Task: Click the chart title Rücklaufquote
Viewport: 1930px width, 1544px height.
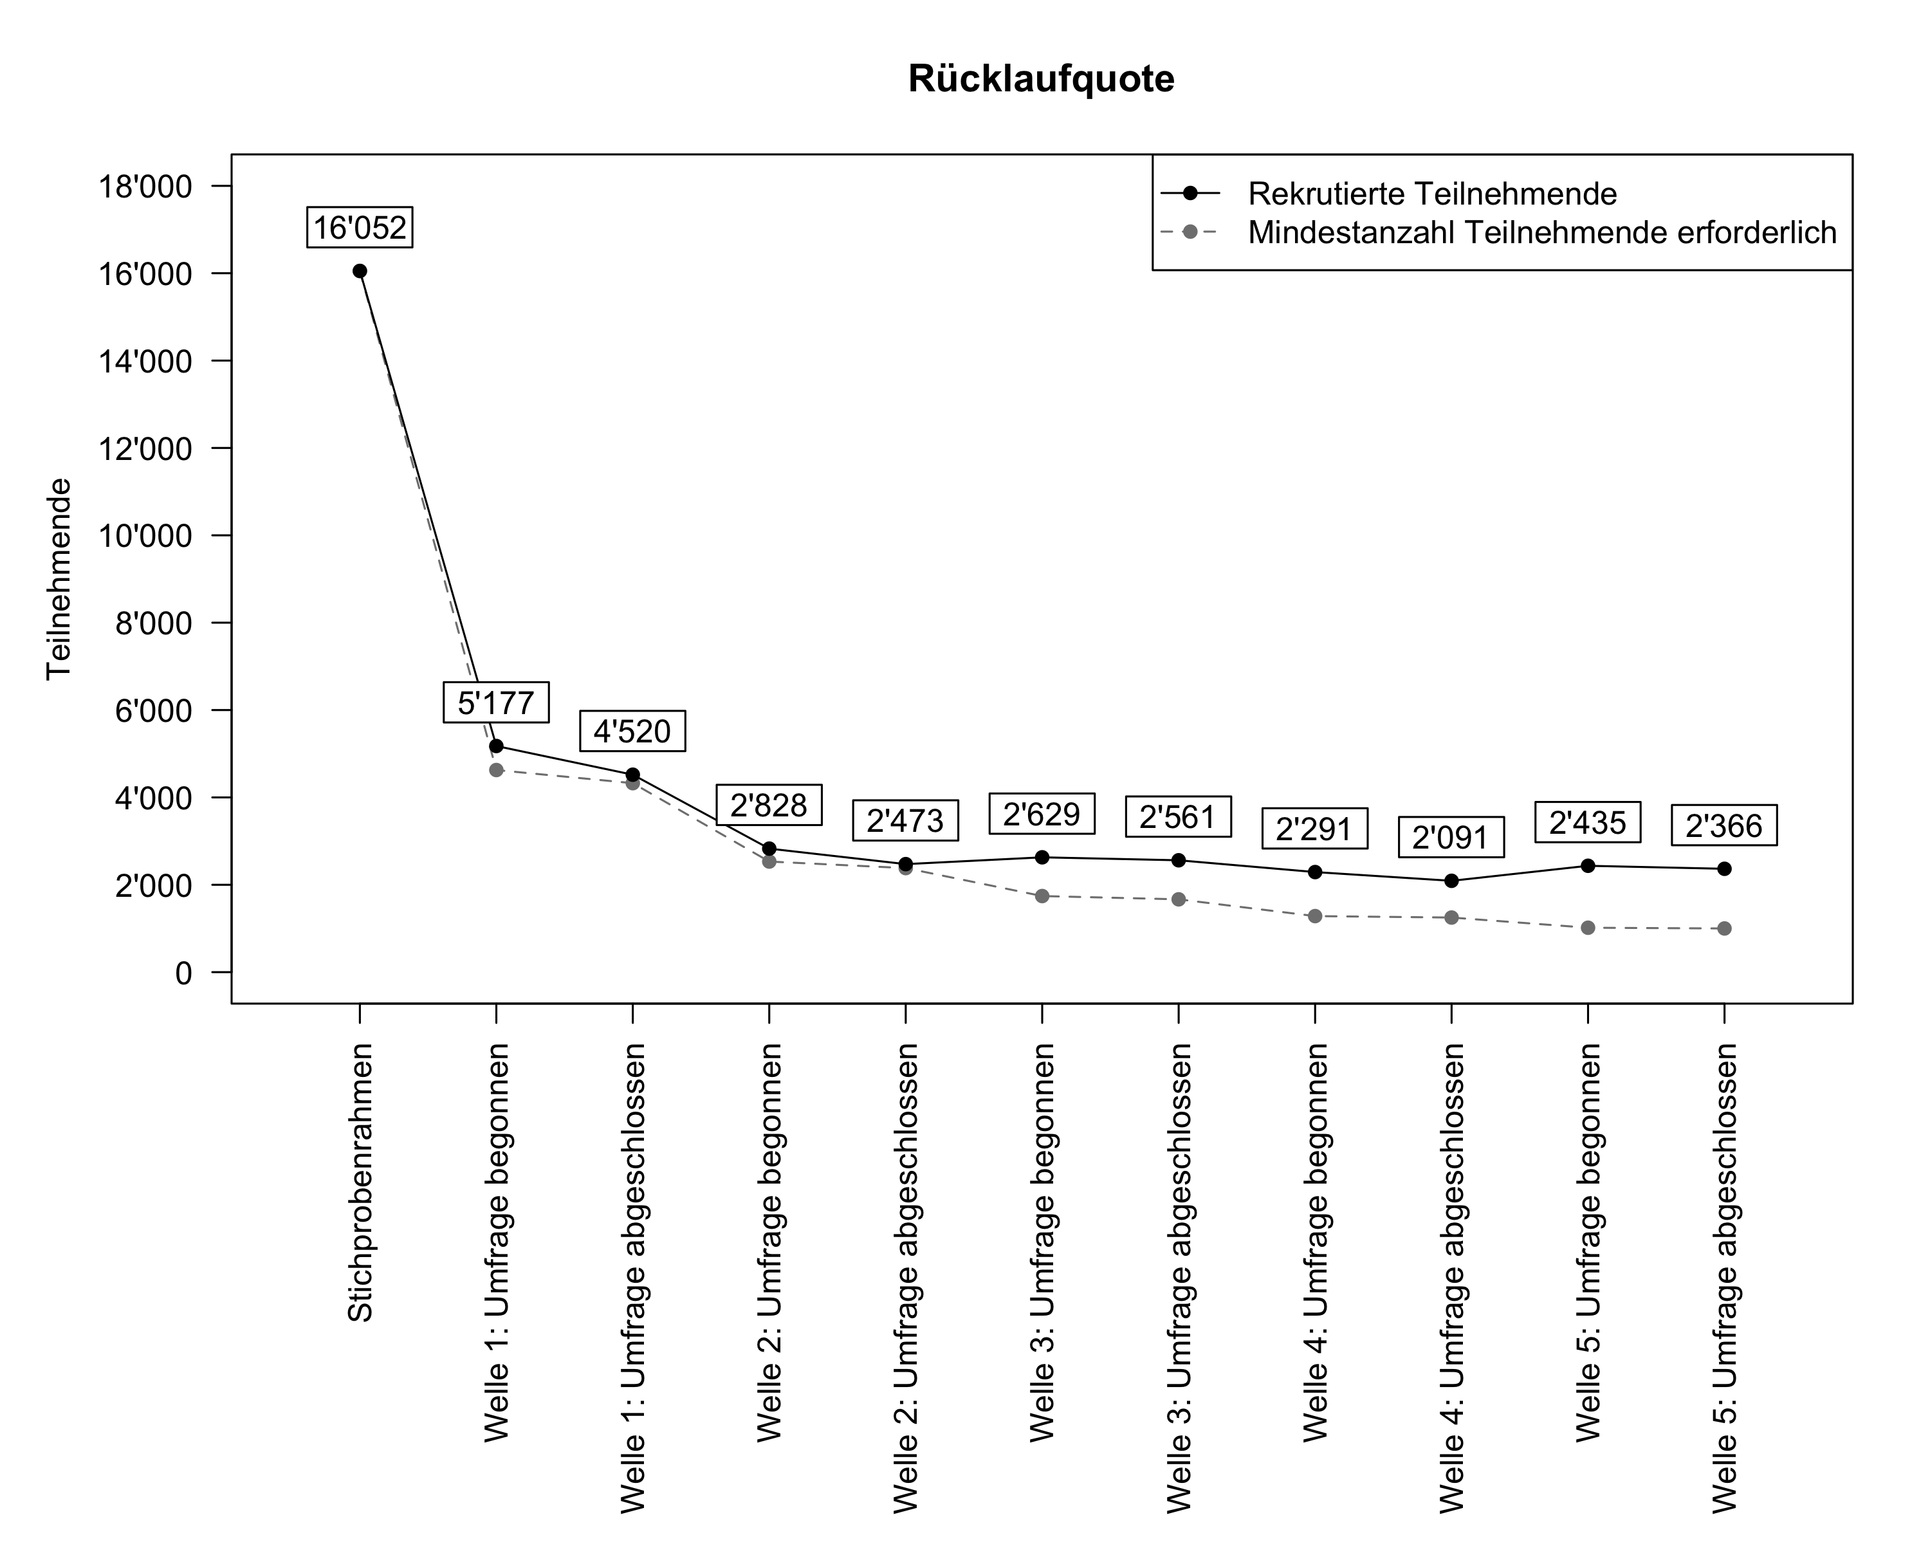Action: point(1041,78)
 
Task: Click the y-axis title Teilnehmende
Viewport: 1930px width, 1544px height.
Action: point(59,579)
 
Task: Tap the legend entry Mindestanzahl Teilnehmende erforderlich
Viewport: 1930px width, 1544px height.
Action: point(1541,233)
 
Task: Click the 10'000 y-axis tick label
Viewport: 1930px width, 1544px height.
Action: point(153,536)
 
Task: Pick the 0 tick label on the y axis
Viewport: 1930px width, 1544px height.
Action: point(183,973)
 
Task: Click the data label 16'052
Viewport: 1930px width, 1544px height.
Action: point(360,227)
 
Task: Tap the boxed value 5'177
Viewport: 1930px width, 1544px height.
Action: point(496,703)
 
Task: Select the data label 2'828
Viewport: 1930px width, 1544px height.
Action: point(769,805)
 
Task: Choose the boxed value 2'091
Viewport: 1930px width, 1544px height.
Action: point(1450,838)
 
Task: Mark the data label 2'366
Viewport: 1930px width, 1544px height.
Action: point(1723,825)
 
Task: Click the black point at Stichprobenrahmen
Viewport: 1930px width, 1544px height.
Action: point(360,271)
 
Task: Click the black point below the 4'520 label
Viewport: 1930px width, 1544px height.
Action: point(633,774)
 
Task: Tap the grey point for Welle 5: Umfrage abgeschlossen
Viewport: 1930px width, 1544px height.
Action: point(1724,928)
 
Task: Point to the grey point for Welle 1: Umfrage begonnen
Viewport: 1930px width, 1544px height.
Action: point(497,770)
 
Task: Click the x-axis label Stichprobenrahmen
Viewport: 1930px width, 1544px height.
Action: point(360,1182)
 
